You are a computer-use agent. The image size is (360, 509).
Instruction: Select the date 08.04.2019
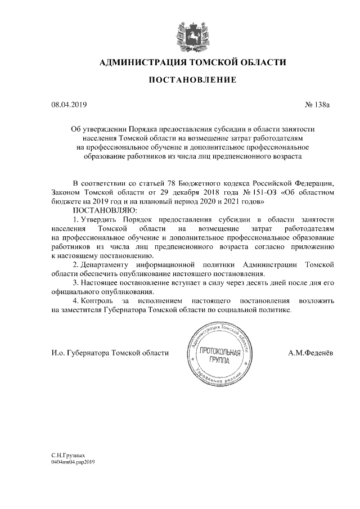pos(66,104)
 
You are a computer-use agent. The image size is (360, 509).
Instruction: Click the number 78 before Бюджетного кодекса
pos(173,183)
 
